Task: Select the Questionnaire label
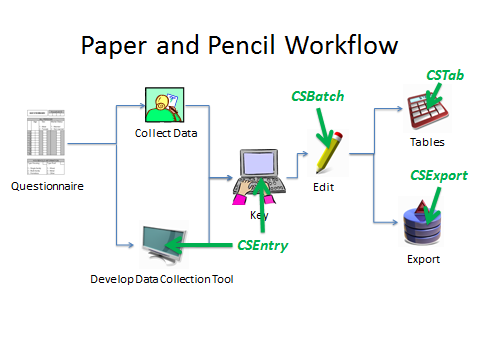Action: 47,186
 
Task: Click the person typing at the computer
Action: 257,176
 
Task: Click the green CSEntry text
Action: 262,245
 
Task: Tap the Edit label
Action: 323,187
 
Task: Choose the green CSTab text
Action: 444,75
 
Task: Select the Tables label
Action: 420,142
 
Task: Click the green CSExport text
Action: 438,175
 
